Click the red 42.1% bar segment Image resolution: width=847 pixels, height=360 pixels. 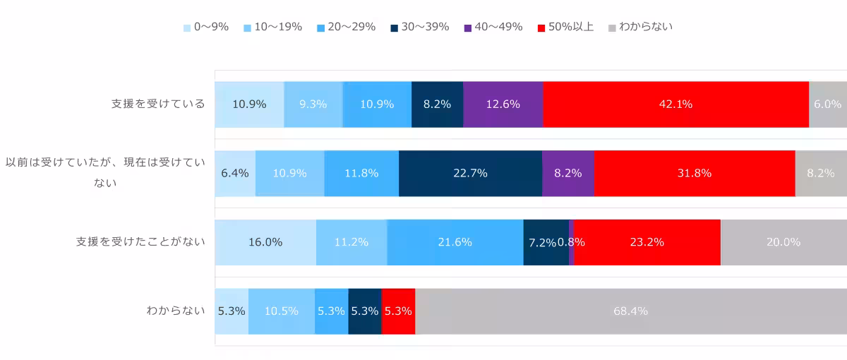(675, 104)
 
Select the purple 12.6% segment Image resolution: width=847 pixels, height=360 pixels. (503, 104)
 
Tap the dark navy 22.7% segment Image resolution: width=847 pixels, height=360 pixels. (470, 173)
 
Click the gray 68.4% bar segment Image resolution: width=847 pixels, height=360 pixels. (631, 311)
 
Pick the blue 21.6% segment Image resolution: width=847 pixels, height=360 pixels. (455, 242)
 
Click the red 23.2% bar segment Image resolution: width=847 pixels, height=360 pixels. (647, 242)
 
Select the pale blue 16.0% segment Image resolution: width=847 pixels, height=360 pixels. (265, 242)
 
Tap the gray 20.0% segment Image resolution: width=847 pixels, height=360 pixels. (783, 242)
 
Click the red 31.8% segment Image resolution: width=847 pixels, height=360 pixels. (694, 173)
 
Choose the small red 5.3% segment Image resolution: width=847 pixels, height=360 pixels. (398, 311)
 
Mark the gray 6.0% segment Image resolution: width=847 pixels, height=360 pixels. (827, 104)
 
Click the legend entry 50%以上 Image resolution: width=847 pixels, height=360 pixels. (565, 28)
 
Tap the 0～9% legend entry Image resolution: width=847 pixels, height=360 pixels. (205, 28)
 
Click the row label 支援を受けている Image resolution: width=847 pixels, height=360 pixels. (158, 104)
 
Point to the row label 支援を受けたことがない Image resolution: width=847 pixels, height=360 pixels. (140, 242)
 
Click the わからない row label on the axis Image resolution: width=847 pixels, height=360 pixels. (176, 311)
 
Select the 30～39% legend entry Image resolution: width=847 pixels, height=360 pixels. (419, 28)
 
